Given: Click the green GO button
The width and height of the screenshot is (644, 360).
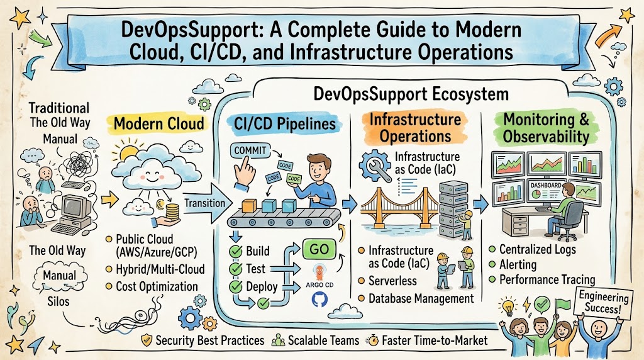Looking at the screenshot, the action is click(x=319, y=249).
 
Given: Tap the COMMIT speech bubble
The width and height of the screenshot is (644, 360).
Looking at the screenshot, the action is click(x=250, y=150).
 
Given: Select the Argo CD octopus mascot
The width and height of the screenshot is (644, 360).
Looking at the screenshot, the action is click(x=319, y=273).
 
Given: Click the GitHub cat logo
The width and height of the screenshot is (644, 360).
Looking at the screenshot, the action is click(x=319, y=300).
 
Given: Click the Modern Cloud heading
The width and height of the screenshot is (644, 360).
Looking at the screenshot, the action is click(x=159, y=124).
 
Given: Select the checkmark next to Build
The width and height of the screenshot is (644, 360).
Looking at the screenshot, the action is click(x=236, y=251).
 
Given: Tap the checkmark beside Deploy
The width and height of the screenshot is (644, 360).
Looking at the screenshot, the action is click(x=236, y=286).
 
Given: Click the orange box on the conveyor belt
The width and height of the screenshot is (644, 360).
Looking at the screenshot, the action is click(x=249, y=205).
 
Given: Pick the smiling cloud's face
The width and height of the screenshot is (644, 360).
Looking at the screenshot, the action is click(x=151, y=176).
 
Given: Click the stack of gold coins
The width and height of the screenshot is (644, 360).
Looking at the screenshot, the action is click(x=172, y=211).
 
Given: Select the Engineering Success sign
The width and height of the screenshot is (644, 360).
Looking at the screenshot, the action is click(x=603, y=302).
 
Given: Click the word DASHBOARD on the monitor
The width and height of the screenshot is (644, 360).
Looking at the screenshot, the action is click(x=546, y=185).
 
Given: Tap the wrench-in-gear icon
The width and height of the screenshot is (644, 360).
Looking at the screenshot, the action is click(x=375, y=165).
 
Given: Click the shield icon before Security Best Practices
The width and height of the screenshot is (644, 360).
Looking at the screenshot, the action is click(x=147, y=340).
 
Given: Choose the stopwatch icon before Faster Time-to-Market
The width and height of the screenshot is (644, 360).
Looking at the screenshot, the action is click(x=374, y=340).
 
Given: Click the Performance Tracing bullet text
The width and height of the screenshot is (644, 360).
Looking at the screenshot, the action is click(x=547, y=280).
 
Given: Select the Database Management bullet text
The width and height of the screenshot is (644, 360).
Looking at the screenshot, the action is click(x=421, y=298).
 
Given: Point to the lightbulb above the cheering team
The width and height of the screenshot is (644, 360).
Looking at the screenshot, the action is click(x=508, y=306).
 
